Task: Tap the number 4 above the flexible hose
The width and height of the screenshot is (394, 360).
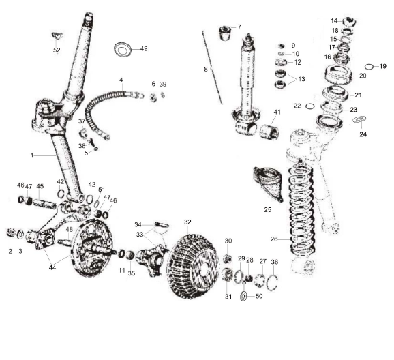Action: coord(121,80)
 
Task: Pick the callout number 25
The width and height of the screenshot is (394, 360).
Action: coord(268,210)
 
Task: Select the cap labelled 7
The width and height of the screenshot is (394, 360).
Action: coord(222,33)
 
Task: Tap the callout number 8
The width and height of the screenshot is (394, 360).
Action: coord(204,69)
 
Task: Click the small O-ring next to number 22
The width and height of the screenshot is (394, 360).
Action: coord(309,106)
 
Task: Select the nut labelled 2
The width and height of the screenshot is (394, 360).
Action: coord(10,235)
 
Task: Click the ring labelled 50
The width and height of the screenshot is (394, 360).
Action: coord(245,296)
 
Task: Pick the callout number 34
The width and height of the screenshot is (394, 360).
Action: coord(138,224)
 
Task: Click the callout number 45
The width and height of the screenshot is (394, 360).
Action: coord(40,186)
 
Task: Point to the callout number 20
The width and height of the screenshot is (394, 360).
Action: coord(363,76)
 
